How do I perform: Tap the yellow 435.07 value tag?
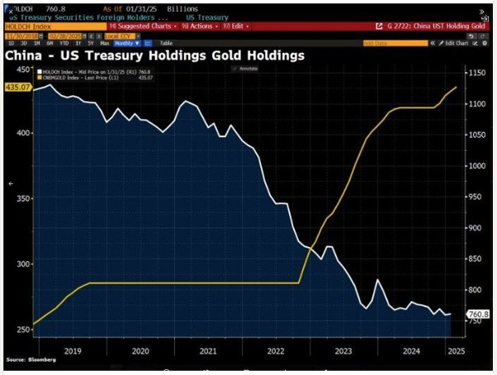pos(17,86)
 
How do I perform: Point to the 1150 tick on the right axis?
pos(477,74)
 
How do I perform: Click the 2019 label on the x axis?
pos(72,349)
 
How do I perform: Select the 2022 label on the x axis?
pos(275,349)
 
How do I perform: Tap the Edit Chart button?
pos(455,42)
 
